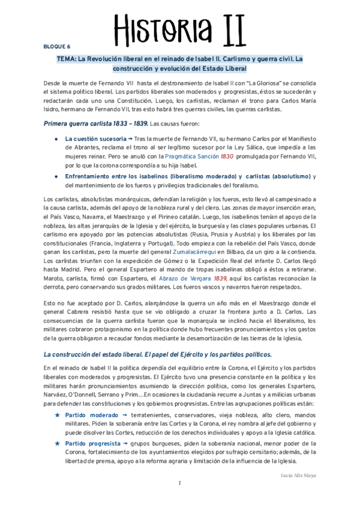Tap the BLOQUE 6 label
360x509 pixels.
57,46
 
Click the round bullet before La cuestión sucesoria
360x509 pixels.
57,139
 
